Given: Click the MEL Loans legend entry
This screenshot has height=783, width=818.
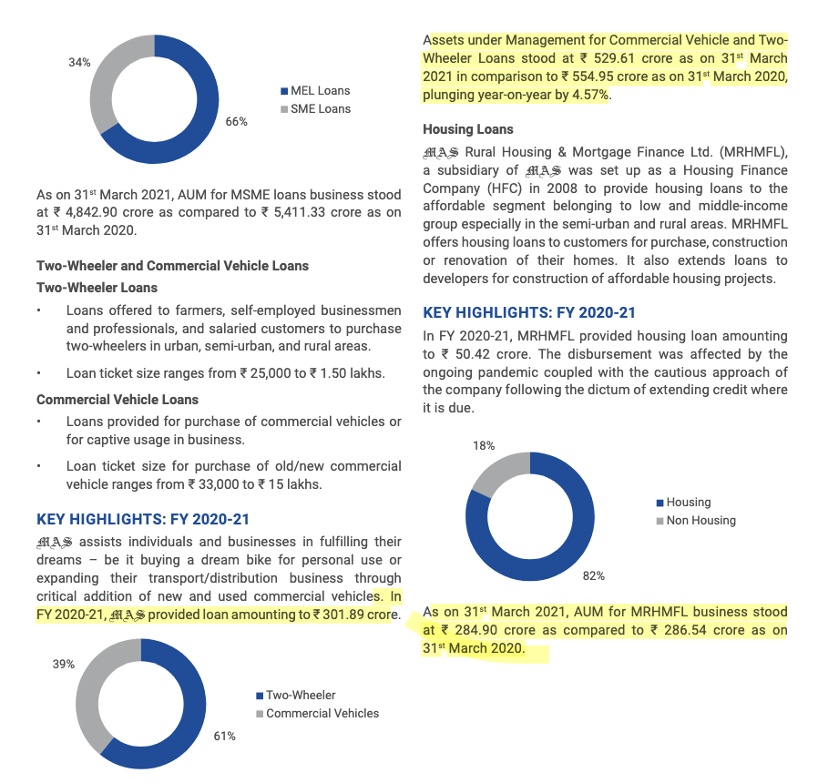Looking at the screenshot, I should point(320,91).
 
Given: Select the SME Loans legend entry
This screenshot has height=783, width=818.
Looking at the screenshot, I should point(320,109).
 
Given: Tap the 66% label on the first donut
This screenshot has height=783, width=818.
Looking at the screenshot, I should point(237,121).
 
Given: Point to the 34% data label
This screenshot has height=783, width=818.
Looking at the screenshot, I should point(79,62).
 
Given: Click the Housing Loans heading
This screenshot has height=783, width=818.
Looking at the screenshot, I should point(468,129).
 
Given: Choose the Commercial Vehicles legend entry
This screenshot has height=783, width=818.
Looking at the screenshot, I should point(322,714).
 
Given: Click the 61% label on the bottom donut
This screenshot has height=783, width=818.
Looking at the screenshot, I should point(225,736).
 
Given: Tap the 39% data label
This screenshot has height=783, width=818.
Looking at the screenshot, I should point(63,665).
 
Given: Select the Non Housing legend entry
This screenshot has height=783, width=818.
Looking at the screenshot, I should point(700,521).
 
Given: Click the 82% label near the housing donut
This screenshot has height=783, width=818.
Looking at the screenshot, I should point(594,575).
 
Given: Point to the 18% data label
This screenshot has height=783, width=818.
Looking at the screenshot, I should point(484,446).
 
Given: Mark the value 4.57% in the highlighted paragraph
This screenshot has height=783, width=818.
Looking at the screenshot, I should point(588,95).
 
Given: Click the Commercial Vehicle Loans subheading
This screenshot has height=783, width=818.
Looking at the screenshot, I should point(118,400).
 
